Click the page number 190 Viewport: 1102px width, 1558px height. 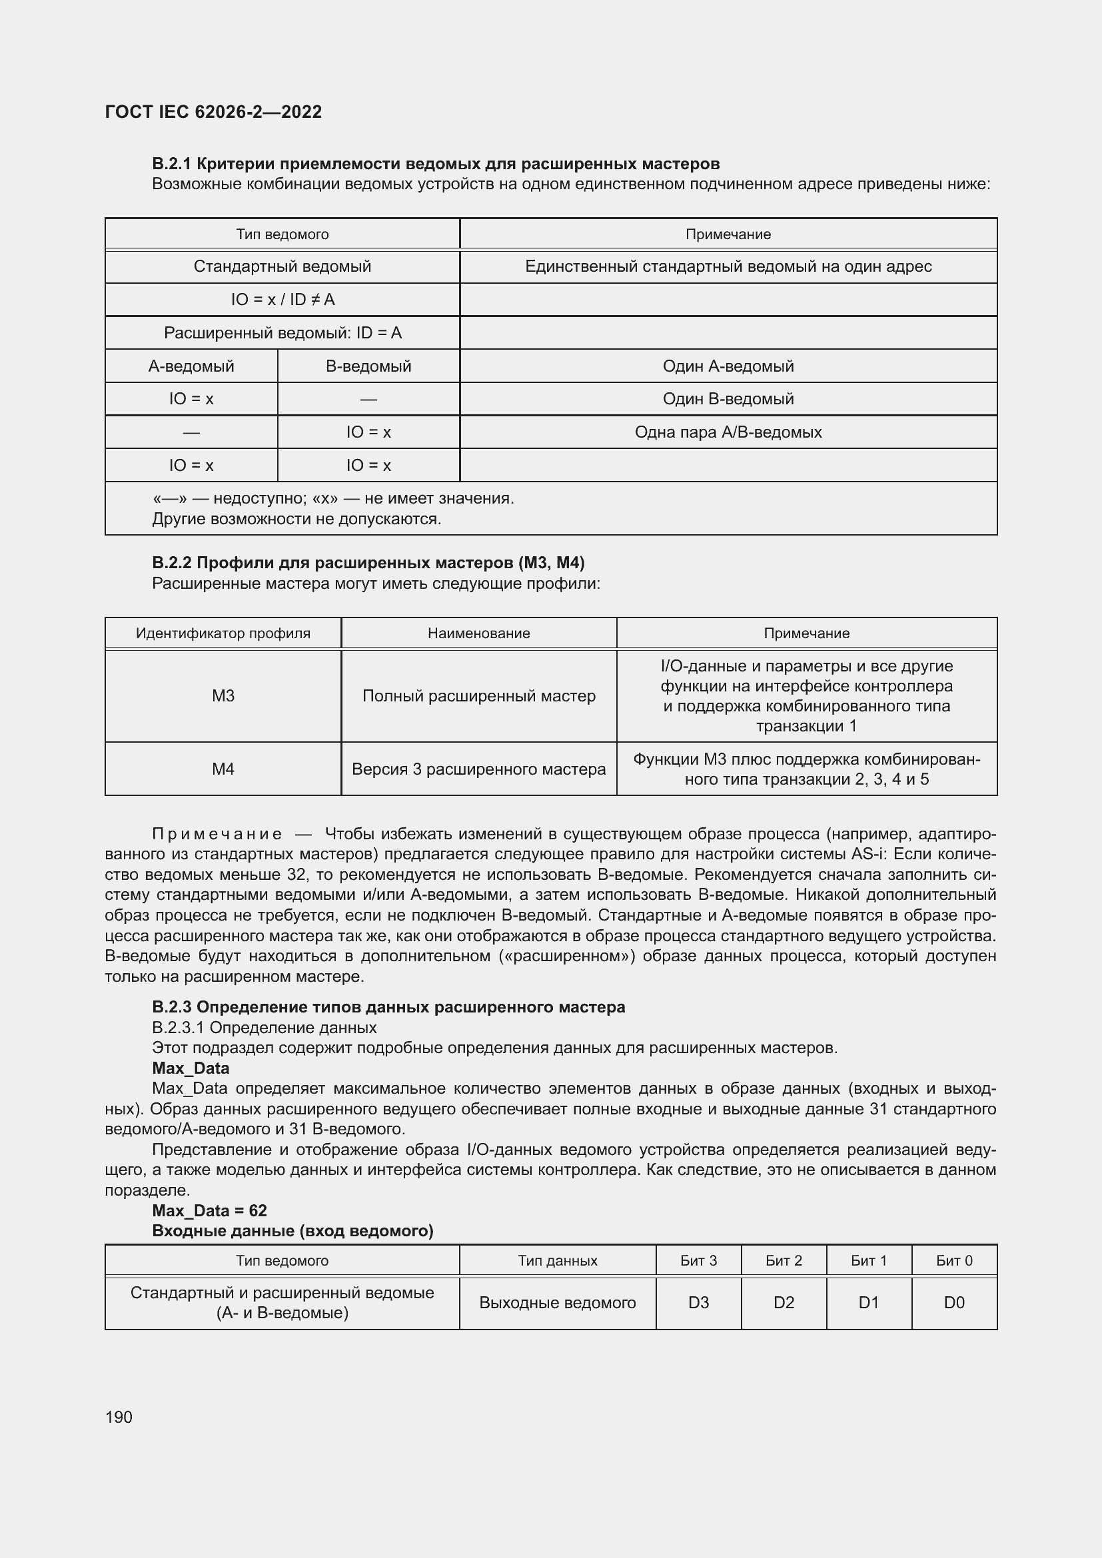[119, 1417]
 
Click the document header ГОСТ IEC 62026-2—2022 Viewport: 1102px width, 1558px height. [213, 112]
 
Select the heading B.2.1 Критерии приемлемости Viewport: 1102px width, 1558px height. [435, 164]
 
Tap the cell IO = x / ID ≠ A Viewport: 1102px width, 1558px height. [282, 299]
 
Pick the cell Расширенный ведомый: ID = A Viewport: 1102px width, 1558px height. [282, 332]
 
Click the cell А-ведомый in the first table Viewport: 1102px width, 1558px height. [191, 366]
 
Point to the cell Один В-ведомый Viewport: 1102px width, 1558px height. [728, 398]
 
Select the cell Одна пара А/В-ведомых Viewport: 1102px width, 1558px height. [728, 432]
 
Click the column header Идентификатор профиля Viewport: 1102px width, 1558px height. [223, 633]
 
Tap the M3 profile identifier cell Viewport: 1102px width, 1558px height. [223, 695]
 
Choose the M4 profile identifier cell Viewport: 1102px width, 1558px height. [223, 769]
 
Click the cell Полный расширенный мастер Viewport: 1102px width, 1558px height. [478, 695]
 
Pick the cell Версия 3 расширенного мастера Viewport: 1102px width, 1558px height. [478, 769]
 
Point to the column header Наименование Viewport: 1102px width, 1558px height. [478, 633]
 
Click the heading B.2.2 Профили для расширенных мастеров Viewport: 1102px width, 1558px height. [368, 563]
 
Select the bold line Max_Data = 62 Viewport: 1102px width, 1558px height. [209, 1210]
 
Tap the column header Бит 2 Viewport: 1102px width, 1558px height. [783, 1260]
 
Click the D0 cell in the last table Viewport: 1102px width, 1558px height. [953, 1302]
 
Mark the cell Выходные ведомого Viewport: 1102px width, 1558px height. [557, 1302]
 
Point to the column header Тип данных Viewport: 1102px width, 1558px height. [557, 1260]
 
